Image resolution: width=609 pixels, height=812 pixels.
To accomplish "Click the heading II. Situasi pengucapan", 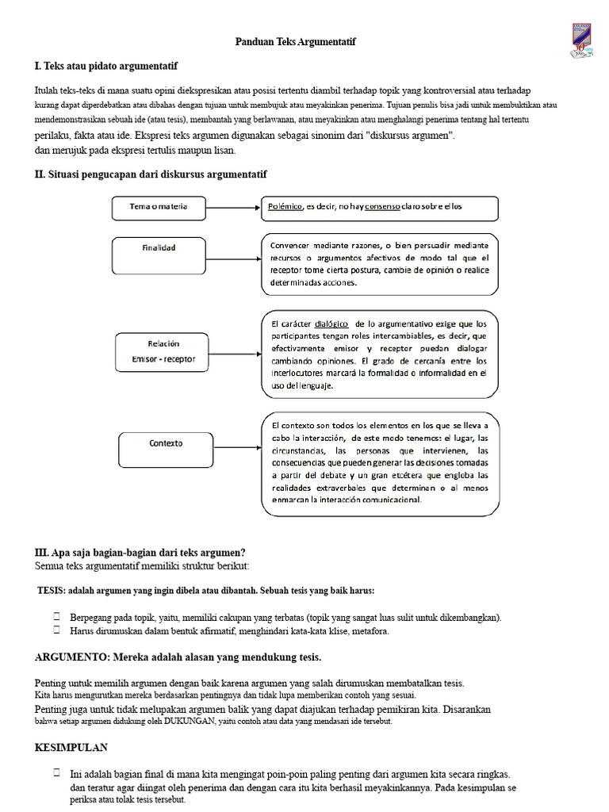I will tap(151, 174).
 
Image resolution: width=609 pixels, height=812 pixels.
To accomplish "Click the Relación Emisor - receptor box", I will tap(162, 352).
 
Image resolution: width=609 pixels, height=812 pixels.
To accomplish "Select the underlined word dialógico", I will tap(331, 324).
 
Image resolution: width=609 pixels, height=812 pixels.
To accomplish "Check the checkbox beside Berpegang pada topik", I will tap(57, 616).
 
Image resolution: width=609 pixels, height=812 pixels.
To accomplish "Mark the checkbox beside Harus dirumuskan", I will tap(57, 630).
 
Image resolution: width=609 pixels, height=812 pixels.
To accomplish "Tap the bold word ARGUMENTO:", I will tap(72, 657).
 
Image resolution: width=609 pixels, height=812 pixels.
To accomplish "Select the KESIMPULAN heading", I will tap(71, 748).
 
